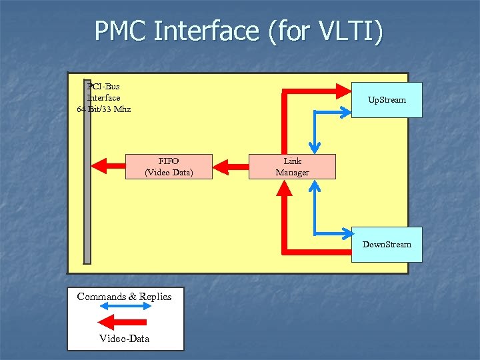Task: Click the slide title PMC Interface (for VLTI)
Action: pyautogui.click(x=239, y=31)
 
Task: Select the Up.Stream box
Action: pyautogui.click(x=387, y=100)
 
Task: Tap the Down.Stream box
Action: pyautogui.click(x=387, y=245)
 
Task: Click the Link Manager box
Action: pyautogui.click(x=292, y=167)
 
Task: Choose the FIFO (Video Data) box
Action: pyautogui.click(x=169, y=167)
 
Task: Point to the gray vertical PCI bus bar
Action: pyautogui.click(x=87, y=173)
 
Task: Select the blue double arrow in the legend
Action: pyautogui.click(x=125, y=307)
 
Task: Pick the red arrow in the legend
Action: pyautogui.click(x=125, y=323)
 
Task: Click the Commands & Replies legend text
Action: pyautogui.click(x=124, y=297)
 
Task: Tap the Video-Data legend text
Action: pyautogui.click(x=125, y=339)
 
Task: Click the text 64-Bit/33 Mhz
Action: pyautogui.click(x=104, y=109)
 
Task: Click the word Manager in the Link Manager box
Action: pyautogui.click(x=292, y=173)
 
